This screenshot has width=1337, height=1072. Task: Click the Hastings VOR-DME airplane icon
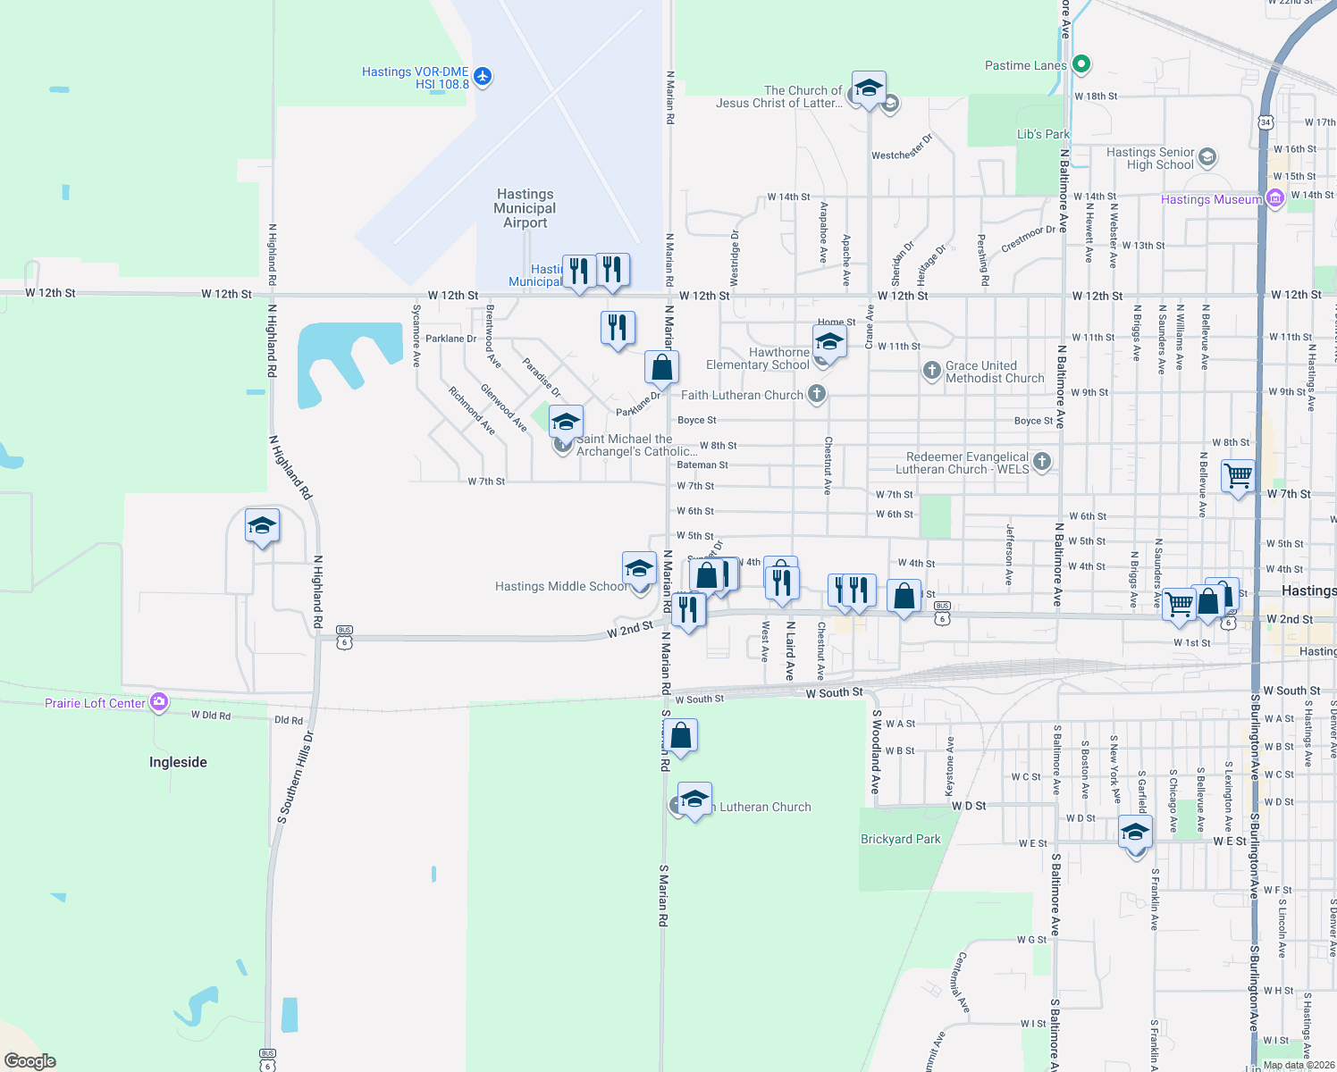click(x=483, y=76)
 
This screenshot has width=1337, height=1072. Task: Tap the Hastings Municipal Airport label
click(x=525, y=208)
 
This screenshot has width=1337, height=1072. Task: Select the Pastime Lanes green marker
click(x=1081, y=63)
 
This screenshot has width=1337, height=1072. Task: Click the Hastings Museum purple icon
click(x=1275, y=198)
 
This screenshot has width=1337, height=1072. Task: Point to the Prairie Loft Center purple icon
click(x=159, y=702)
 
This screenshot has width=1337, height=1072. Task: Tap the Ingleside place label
click(x=178, y=762)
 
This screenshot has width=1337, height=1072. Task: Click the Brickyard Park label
click(x=900, y=839)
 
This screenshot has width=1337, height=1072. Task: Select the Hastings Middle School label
click(x=561, y=586)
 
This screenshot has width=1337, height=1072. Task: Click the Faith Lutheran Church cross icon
click(x=816, y=394)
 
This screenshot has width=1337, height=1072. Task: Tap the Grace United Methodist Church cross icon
click(x=931, y=370)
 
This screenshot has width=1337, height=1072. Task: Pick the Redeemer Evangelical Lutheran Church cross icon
click(x=1041, y=461)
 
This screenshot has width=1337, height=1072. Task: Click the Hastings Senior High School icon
click(x=1207, y=157)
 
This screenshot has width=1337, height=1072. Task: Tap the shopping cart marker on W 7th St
click(x=1238, y=476)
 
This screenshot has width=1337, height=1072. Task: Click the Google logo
click(x=30, y=1060)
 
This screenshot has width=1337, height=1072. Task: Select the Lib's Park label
click(x=1043, y=134)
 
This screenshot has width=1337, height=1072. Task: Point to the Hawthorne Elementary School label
click(x=758, y=358)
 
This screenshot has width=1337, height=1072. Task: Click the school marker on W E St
click(x=1135, y=833)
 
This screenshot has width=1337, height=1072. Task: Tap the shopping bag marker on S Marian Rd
click(x=681, y=736)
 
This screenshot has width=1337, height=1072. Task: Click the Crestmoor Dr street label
click(x=1028, y=239)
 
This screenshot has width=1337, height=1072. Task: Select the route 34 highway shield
click(x=1265, y=121)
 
